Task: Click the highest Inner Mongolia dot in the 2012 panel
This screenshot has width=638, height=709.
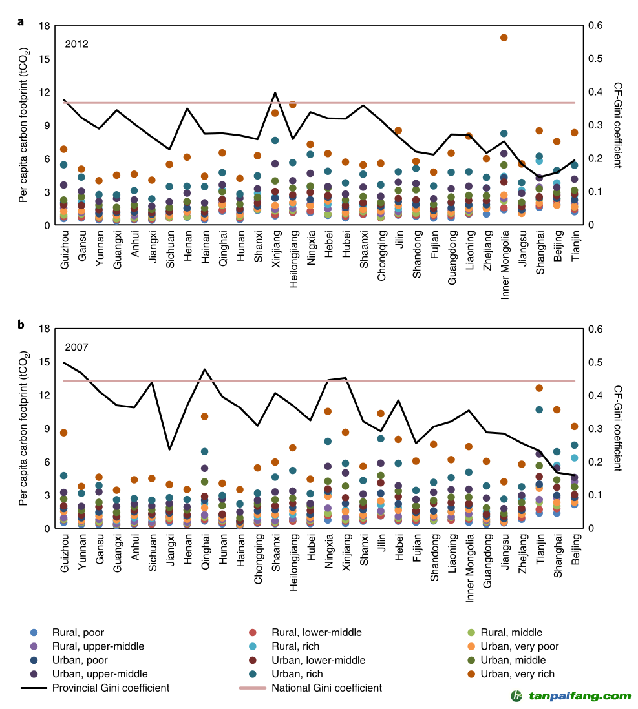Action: tap(504, 37)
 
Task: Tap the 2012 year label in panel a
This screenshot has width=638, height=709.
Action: tap(76, 44)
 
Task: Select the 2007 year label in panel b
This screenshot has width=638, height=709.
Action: tap(76, 347)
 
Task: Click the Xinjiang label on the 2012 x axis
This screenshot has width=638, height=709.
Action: tap(276, 249)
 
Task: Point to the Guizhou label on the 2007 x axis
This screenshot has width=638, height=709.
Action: tap(64, 553)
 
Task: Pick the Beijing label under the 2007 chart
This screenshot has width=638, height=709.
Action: tap(575, 549)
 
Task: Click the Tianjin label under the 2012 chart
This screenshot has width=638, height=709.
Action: tap(575, 245)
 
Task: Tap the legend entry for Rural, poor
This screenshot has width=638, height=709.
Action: tap(67, 632)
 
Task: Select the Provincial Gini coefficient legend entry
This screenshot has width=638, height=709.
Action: tap(95, 688)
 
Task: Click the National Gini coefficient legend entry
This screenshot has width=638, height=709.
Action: tap(311, 688)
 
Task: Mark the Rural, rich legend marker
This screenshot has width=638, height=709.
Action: tap(253, 646)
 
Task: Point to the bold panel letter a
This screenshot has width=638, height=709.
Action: tap(21, 22)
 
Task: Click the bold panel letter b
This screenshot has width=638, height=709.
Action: tap(21, 324)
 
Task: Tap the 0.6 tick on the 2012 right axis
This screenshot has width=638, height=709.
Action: tap(596, 25)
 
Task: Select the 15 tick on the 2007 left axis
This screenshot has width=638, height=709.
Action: tap(45, 362)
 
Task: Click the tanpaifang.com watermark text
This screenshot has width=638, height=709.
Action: tap(580, 696)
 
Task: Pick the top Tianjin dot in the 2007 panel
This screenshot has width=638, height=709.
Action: tap(539, 388)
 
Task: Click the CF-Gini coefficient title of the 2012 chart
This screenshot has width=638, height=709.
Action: tap(617, 125)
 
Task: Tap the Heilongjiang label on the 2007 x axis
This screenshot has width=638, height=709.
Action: tap(293, 562)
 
